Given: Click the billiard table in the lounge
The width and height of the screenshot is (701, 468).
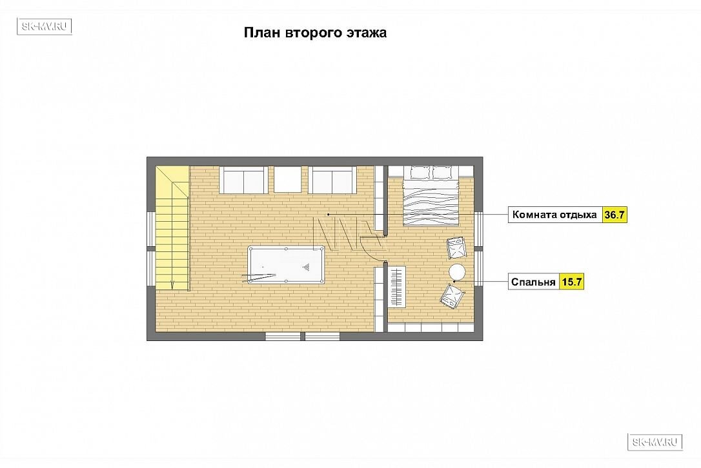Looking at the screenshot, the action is [286, 264].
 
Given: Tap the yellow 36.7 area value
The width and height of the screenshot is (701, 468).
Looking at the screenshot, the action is [615, 215].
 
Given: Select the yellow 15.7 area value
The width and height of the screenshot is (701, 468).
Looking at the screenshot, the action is [571, 282].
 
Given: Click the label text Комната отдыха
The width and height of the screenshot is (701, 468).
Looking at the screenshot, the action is [554, 215].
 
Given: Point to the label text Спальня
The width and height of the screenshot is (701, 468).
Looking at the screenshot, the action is [533, 282].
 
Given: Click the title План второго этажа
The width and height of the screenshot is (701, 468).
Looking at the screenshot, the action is [315, 33].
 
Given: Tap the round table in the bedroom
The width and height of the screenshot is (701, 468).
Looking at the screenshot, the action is [457, 271].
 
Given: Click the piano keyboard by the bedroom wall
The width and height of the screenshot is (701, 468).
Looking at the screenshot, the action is [396, 286].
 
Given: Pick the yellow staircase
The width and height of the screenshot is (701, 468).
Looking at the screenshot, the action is [172, 228].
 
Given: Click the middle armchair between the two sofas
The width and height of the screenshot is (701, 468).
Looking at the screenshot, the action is [288, 179].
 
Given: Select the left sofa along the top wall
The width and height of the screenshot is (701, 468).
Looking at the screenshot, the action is [243, 179].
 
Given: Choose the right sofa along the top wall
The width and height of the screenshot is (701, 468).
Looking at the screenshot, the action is [332, 179].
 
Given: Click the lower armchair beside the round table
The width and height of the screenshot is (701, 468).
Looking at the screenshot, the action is [452, 296].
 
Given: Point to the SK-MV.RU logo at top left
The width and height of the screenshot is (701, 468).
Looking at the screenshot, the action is [45, 26].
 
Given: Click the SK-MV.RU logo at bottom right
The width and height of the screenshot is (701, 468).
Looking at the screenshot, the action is [655, 442].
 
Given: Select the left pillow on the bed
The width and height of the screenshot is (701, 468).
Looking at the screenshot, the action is [420, 172].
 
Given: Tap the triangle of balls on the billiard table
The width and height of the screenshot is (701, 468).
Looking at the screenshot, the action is [306, 268].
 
